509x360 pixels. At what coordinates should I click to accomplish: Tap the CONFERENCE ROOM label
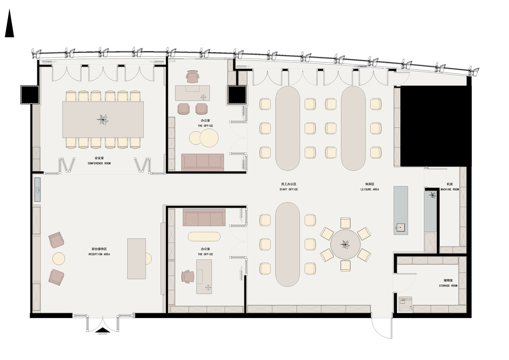[99, 163]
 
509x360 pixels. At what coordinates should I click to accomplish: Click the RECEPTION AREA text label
[99, 254]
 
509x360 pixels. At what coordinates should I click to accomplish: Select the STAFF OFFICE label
[288, 189]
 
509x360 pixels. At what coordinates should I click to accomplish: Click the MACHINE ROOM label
[449, 189]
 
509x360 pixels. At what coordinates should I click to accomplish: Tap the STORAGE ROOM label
[448, 286]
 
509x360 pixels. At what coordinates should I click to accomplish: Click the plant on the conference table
[103, 119]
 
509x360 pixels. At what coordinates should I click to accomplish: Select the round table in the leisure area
[345, 245]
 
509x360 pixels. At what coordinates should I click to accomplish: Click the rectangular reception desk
[137, 259]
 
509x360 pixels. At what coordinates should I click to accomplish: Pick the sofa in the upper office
[203, 162]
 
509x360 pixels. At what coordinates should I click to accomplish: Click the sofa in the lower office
[204, 217]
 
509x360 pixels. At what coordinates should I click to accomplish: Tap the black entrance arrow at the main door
[102, 329]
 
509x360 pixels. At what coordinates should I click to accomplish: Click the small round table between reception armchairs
[59, 259]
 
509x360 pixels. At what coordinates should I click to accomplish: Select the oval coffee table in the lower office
[204, 236]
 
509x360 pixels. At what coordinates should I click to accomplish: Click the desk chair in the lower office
[187, 277]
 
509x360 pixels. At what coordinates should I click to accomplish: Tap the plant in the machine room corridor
[432, 195]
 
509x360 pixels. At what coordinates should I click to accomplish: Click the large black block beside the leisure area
[435, 126]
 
